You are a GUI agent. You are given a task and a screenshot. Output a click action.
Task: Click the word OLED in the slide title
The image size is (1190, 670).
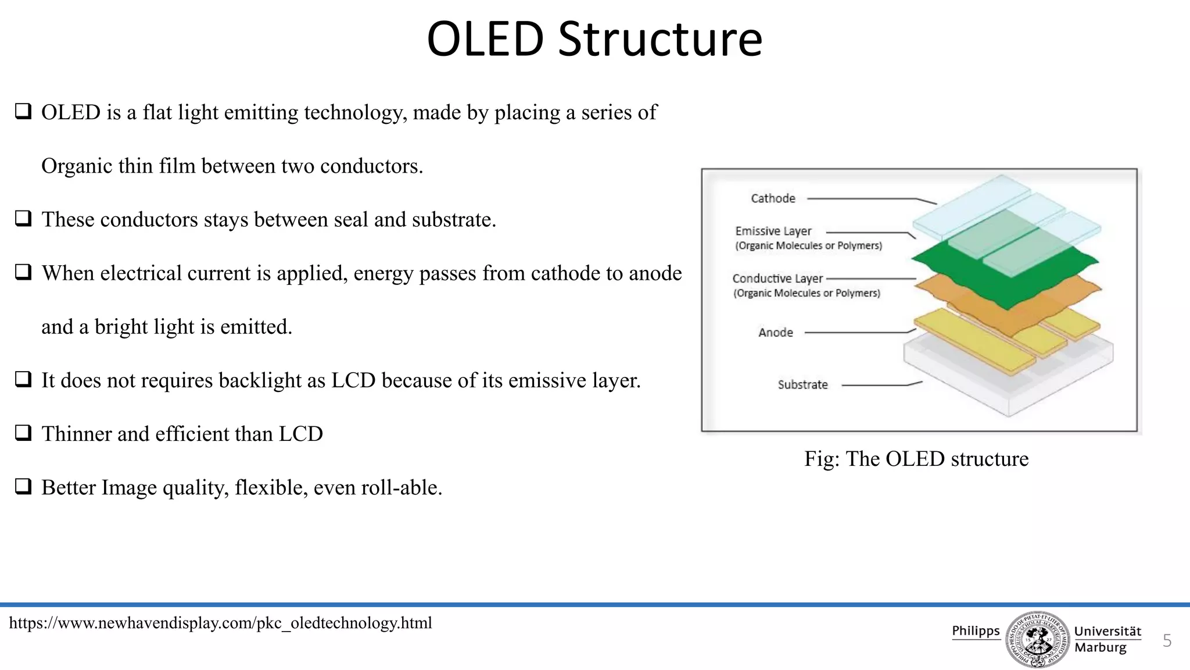click(x=485, y=40)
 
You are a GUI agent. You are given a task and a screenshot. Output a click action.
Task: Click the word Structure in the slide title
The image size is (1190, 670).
click(x=660, y=40)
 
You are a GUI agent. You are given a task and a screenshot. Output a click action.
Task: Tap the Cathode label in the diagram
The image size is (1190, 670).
click(x=773, y=198)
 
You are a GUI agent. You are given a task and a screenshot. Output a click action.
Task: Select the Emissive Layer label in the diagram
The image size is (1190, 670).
click(x=773, y=231)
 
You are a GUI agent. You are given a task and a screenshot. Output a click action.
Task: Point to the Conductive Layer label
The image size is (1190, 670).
click(x=777, y=279)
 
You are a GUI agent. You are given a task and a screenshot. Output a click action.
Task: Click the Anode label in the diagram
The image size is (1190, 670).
click(x=775, y=332)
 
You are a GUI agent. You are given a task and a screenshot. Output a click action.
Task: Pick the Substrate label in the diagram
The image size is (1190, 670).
click(x=802, y=384)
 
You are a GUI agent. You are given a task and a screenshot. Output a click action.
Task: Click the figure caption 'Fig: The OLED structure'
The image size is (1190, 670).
click(x=916, y=459)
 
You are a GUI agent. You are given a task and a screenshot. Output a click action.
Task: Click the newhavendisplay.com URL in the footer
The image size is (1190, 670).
click(x=221, y=623)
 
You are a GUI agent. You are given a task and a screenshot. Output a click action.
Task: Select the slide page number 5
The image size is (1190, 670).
click(x=1167, y=641)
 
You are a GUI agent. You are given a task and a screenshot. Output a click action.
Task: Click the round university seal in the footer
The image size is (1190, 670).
click(x=1037, y=639)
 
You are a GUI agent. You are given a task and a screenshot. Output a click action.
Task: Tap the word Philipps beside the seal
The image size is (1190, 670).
click(x=976, y=631)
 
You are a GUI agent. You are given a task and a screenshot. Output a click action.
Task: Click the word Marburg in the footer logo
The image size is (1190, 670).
click(x=1100, y=647)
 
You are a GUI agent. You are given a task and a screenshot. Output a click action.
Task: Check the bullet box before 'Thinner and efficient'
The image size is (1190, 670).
click(x=23, y=433)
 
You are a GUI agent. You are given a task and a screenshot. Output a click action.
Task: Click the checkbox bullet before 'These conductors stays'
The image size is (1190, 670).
click(x=23, y=219)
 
